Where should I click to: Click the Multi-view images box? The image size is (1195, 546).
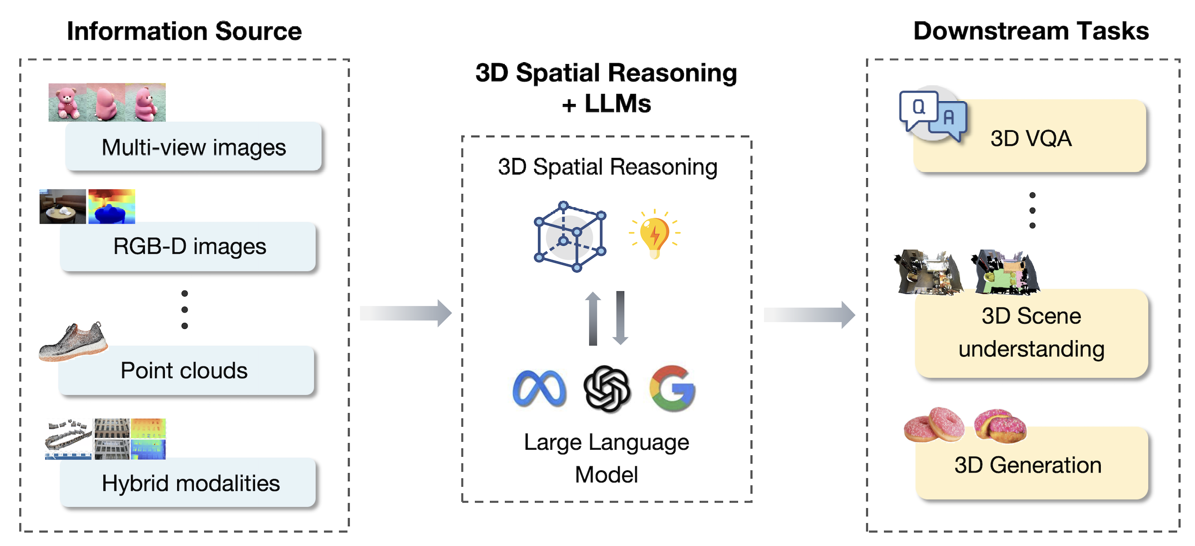pos(193,147)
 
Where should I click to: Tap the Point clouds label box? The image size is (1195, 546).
pos(186,370)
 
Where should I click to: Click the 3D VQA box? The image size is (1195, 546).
pos(1030,138)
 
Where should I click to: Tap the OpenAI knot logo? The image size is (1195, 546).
pos(607,389)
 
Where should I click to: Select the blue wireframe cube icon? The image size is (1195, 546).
pos(570,236)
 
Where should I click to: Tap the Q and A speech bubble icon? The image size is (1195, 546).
pos(932,114)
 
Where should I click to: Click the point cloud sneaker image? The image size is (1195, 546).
pos(73,342)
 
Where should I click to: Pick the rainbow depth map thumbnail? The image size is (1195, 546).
pos(111,207)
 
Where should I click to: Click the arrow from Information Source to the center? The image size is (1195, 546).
pos(405,313)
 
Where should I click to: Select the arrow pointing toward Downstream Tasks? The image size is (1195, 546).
pos(809,315)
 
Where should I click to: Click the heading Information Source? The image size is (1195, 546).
pos(184,31)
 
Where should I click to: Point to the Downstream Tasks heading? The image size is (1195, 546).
pos(1031,31)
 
